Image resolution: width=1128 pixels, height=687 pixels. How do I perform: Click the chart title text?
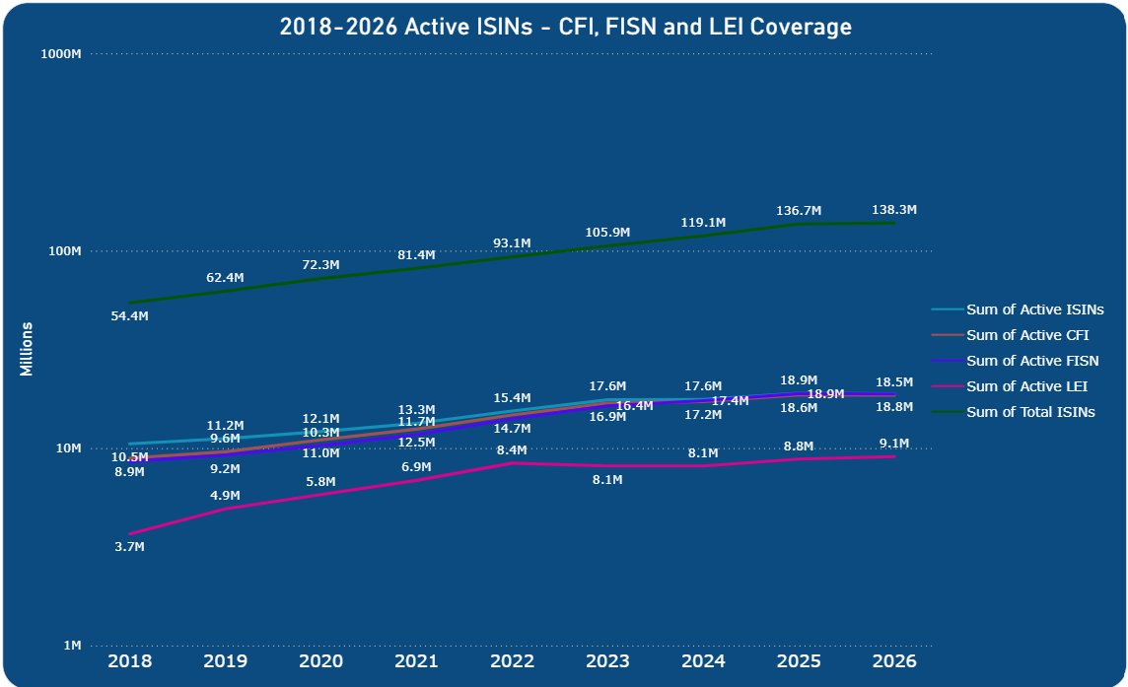coord(565,27)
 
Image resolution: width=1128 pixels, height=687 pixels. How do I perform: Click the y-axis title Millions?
coord(27,349)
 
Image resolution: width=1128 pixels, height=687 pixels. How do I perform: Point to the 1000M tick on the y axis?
coord(59,54)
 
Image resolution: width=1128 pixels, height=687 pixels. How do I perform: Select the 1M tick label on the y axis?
coord(72,646)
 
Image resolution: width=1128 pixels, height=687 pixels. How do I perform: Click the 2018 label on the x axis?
coord(129,661)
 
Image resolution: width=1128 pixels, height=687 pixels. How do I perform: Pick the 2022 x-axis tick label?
coord(512,661)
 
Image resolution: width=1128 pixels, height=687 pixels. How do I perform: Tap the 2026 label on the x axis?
coord(893,661)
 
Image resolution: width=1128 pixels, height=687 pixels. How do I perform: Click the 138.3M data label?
coord(894,210)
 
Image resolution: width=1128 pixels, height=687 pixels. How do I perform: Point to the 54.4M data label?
coord(129,316)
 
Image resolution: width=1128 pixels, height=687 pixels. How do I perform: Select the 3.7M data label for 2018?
coord(129,547)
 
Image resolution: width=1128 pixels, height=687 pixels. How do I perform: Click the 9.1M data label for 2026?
coord(894,444)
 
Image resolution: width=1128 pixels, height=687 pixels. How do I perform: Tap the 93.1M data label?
coord(512,243)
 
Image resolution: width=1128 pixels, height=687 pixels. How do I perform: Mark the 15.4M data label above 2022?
coord(512,398)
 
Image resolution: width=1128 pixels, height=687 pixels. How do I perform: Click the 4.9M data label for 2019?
coord(225,496)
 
